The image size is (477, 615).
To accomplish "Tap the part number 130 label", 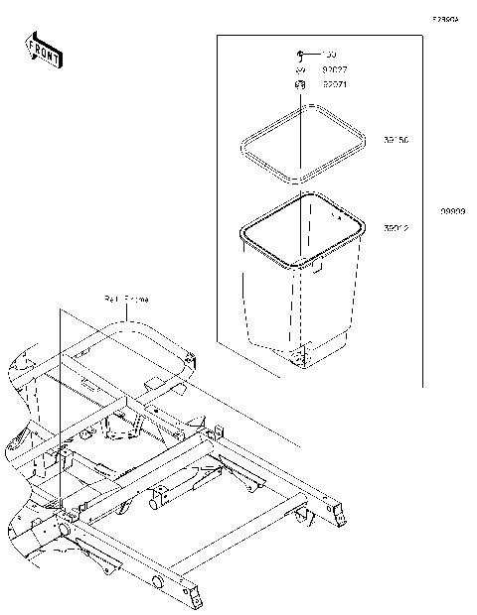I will point(330,54).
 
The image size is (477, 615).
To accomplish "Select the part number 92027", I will point(333,70).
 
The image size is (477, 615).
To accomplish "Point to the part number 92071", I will point(333,86).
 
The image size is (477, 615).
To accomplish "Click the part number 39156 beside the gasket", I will point(397,140).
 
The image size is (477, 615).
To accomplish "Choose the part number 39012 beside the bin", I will point(397,227).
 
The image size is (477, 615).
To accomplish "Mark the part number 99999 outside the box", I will point(454,211).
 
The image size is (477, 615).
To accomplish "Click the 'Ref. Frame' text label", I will point(126,298).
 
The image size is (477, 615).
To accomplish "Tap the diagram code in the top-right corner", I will point(444,18).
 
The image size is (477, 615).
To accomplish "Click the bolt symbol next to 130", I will point(299,54).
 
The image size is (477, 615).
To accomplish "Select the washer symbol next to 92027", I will point(298,70).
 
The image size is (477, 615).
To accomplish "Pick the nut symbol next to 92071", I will point(298,86).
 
